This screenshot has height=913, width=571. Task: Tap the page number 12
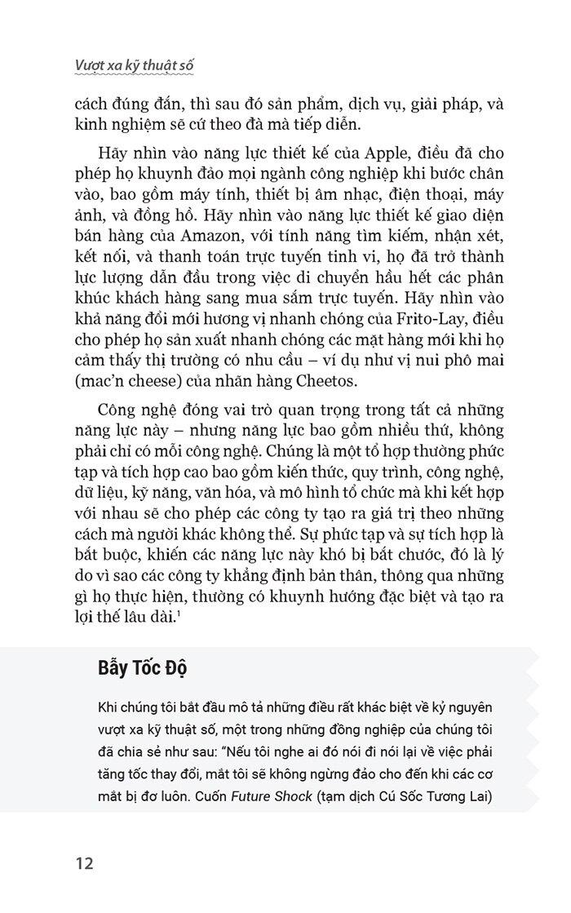tap(86, 862)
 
